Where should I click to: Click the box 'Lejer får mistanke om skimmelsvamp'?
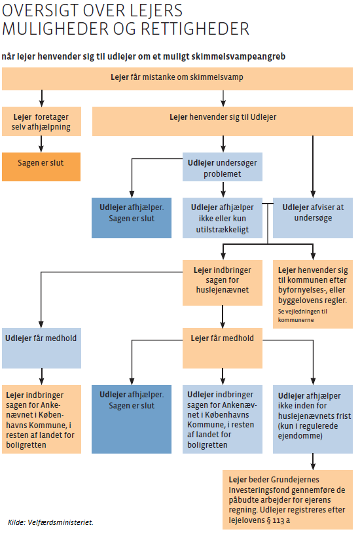coord(177,79)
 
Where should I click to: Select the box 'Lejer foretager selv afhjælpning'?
coord(41,121)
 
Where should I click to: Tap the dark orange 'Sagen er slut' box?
coord(41,167)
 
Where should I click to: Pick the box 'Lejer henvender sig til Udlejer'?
coord(222,121)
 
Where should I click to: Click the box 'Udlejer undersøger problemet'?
coord(222,167)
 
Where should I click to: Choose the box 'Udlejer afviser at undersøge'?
coord(313,218)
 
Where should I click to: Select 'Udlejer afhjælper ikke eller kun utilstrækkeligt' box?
coord(222,218)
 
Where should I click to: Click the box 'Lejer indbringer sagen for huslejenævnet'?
coord(222,282)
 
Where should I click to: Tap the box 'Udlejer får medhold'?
coord(41,348)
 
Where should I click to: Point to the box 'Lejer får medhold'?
coord(222,348)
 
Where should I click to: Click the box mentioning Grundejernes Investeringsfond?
coord(287,499)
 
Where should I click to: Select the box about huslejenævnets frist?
coord(313,419)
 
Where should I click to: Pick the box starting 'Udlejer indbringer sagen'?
coord(222,419)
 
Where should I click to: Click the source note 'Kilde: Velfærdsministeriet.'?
coord(50,522)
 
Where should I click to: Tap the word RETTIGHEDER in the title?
coord(195,29)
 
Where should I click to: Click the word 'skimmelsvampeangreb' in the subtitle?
coord(238,56)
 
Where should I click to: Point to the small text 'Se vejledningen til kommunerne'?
coord(302,315)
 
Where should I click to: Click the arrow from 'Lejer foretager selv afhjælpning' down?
coord(41,144)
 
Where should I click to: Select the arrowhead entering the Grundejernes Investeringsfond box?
coord(313,467)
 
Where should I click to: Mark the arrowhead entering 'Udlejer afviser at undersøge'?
coord(313,194)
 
